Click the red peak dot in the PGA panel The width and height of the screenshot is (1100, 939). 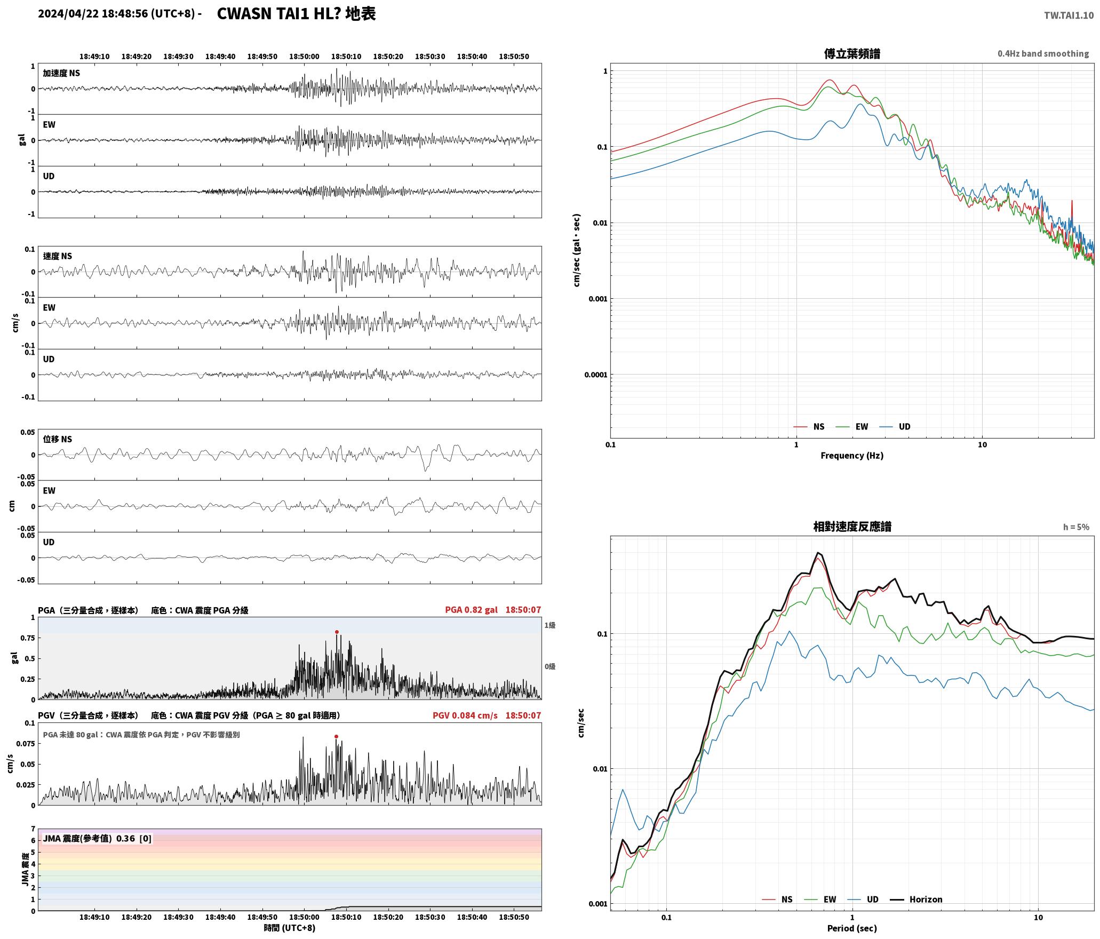337,632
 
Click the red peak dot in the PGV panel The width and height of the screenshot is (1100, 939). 336,736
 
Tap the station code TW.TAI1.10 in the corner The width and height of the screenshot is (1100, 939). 1069,15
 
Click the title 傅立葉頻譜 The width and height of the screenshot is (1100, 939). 852,54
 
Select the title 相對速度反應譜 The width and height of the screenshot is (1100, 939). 852,527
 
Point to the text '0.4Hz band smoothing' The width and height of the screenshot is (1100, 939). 1043,53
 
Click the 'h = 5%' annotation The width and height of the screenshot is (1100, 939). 1076,527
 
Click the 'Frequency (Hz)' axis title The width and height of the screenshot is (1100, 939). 852,456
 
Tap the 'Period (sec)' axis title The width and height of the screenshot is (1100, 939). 852,928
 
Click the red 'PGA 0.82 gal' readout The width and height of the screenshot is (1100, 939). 471,610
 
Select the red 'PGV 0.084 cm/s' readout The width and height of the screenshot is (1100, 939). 465,715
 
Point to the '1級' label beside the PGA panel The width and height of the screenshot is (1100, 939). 550,625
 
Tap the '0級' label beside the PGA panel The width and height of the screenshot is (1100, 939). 550,666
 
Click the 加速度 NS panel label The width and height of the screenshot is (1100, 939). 61,73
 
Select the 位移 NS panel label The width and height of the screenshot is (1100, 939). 57,439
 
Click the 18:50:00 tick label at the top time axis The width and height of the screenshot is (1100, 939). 304,57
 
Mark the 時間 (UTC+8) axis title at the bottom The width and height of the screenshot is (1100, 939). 290,928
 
